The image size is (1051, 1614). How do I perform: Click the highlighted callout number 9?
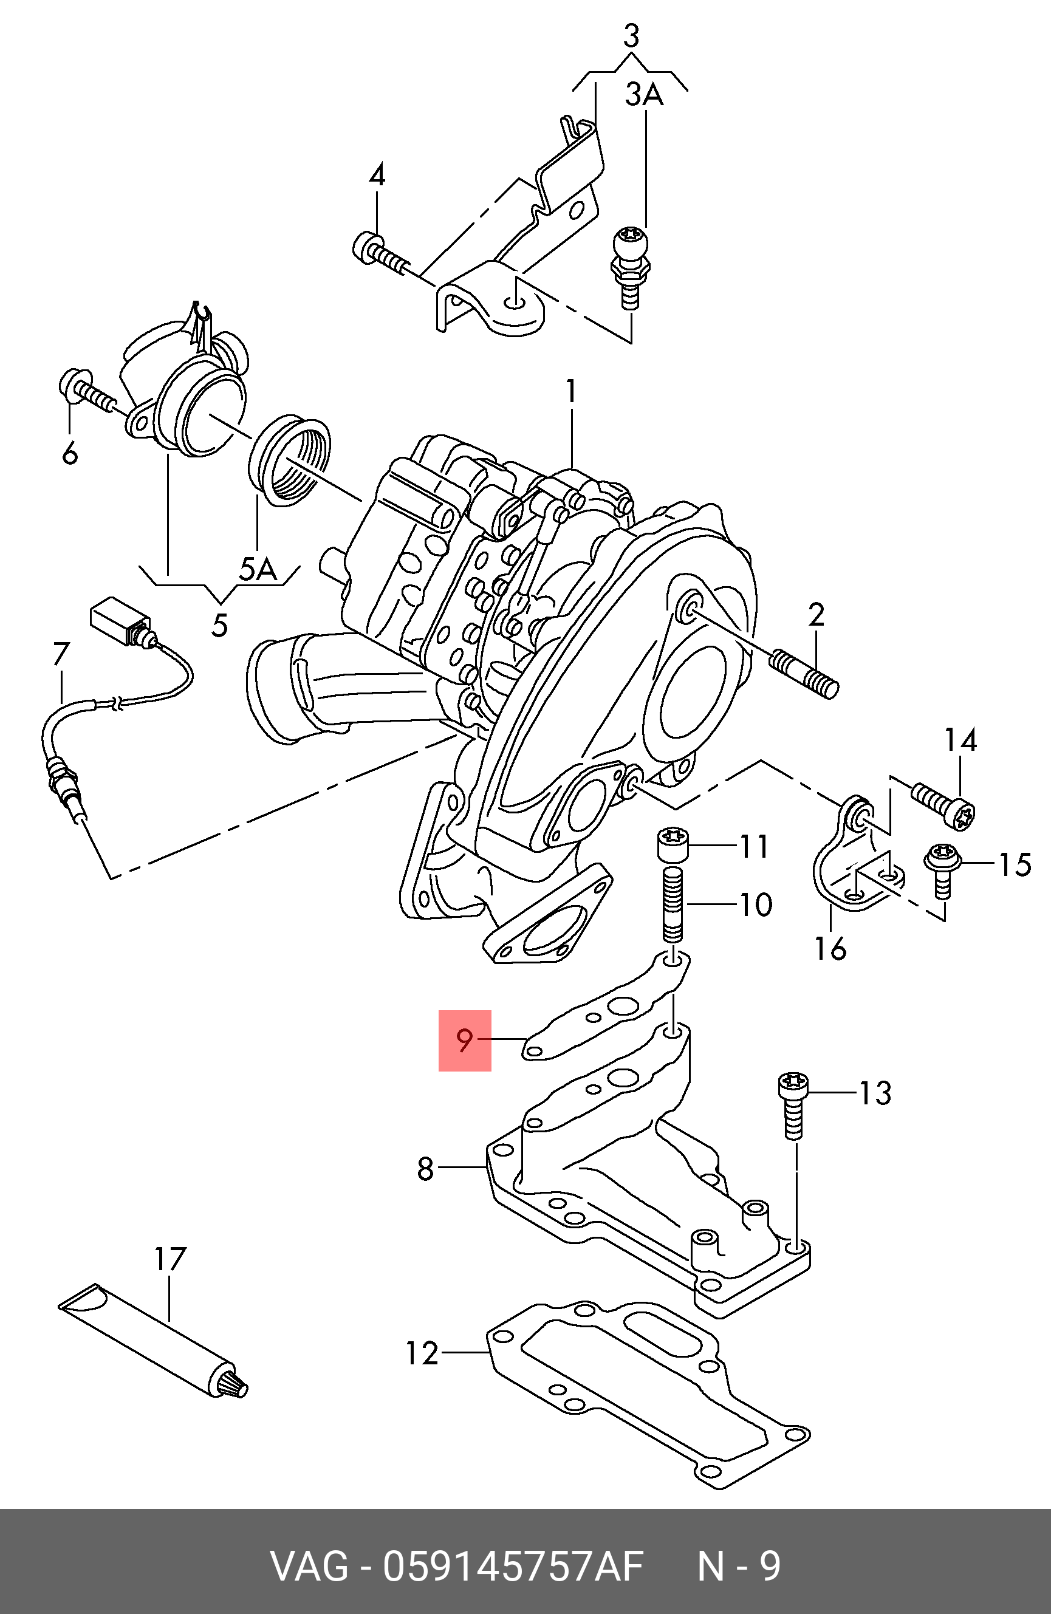pos(465,1039)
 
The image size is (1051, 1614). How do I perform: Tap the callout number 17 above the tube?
pos(169,1259)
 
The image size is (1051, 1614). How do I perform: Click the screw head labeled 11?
pos(673,846)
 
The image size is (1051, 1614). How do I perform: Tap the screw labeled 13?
pos(793,1105)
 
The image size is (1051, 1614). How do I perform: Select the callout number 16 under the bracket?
pos(830,949)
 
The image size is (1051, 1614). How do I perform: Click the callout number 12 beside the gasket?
pos(422,1353)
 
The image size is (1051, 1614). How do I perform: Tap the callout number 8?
pos(425,1169)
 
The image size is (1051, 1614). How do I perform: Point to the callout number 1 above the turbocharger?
pos(572,391)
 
